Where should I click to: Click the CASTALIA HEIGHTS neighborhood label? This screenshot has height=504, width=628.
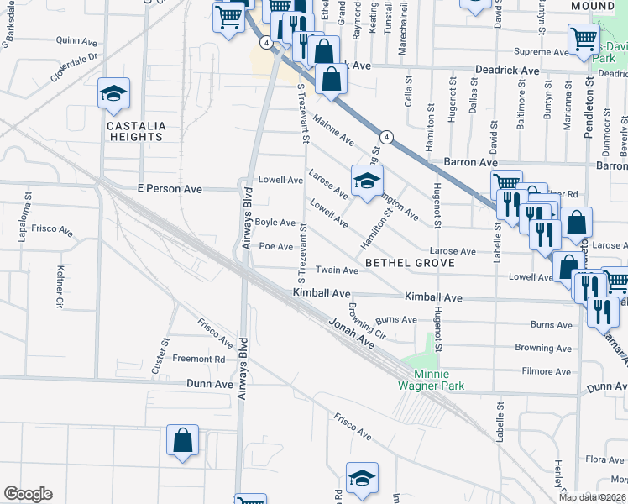[135, 131]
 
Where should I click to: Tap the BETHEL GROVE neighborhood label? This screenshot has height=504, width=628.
[410, 263]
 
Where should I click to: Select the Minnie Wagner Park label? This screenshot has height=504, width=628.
[431, 380]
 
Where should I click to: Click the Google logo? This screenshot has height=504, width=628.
[28, 494]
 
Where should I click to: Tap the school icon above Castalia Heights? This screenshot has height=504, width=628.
[113, 95]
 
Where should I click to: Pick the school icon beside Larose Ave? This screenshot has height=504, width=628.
[367, 182]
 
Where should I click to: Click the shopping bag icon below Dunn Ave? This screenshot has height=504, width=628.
[182, 441]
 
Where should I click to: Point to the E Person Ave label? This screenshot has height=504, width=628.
[171, 189]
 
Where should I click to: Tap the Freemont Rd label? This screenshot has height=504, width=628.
[198, 359]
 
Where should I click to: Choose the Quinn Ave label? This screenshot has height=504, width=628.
[76, 39]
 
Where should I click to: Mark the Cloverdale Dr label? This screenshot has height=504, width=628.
[75, 67]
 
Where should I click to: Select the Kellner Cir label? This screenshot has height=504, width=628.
[60, 286]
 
